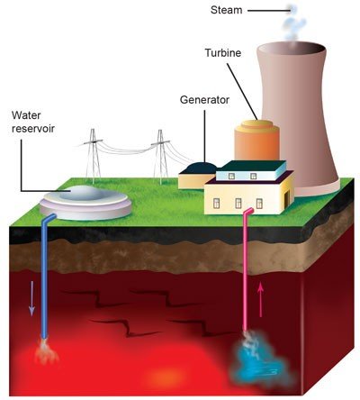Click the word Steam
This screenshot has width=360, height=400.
pyautogui.click(x=226, y=10)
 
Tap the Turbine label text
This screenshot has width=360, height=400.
pyautogui.click(x=223, y=53)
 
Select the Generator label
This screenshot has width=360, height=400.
pyautogui.click(x=204, y=100)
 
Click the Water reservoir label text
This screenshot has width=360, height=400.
pyautogui.click(x=33, y=122)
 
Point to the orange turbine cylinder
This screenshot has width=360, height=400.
pyautogui.click(x=256, y=140)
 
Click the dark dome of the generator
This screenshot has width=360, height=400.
pyautogui.click(x=202, y=168)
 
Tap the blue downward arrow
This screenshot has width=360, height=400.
pyautogui.click(x=31, y=298)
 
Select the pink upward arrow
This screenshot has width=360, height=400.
pyautogui.click(x=261, y=299)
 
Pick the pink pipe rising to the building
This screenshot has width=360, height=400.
pyautogui.click(x=247, y=270)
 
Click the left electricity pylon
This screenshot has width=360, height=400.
pyautogui.click(x=93, y=156)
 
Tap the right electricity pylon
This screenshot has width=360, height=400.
pyautogui.click(x=161, y=157)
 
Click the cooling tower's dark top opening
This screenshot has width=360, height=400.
pyautogui.click(x=292, y=49)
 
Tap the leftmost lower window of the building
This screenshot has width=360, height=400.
pyautogui.click(x=216, y=204)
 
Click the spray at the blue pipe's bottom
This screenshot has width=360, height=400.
pyautogui.click(x=46, y=351)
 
